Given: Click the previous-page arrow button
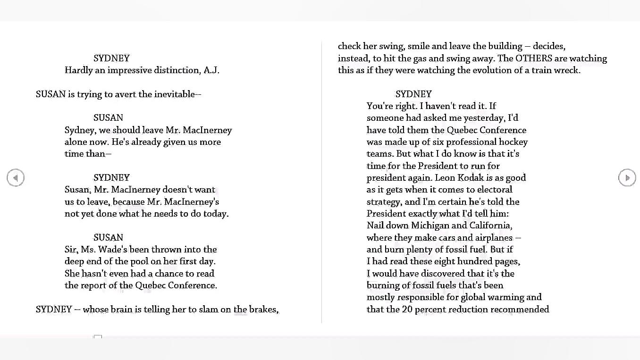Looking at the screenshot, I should click(x=16, y=178).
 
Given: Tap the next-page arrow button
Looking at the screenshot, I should click(x=627, y=178).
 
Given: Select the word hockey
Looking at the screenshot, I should click(x=513, y=142).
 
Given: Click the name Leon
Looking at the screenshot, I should click(x=445, y=178).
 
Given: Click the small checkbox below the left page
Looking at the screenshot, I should click(x=98, y=337).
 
